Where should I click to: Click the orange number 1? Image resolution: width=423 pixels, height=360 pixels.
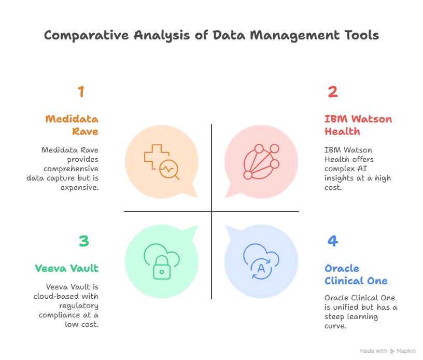click(x=81, y=92)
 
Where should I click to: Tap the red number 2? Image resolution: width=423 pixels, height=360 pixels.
click(x=333, y=92)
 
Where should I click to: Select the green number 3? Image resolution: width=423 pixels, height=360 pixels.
click(x=84, y=241)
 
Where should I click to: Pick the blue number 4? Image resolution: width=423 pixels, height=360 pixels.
click(x=333, y=241)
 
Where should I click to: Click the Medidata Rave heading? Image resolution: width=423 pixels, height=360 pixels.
click(x=72, y=125)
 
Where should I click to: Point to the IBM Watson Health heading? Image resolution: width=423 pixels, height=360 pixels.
click(x=358, y=125)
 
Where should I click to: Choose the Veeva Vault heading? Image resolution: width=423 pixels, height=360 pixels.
click(x=66, y=268)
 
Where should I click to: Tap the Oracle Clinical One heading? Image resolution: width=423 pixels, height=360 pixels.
click(x=356, y=274)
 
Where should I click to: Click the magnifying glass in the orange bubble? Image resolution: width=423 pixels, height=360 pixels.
click(x=170, y=169)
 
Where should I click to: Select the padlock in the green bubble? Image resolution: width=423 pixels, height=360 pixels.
click(x=162, y=268)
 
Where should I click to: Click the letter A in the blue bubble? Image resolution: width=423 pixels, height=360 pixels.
click(x=261, y=268)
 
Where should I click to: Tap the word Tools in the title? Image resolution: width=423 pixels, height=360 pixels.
click(x=361, y=35)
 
